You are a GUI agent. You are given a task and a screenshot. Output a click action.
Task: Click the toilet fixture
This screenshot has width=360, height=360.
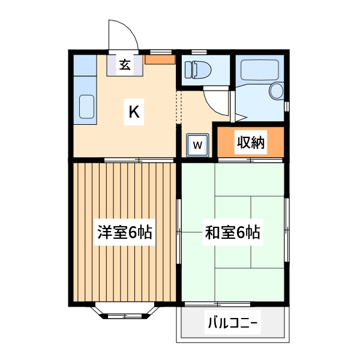coord(198,70)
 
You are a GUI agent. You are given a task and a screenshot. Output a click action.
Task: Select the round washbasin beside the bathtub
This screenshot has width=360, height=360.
coord(276,91)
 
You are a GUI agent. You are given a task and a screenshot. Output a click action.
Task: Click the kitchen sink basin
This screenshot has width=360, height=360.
coord(86,107)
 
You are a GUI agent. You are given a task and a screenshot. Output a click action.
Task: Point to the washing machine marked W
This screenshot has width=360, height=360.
coord(197,145)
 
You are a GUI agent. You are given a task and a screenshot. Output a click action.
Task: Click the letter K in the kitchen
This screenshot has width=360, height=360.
coord(134,112)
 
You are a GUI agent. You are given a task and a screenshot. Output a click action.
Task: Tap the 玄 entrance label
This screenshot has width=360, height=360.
coord(125,65)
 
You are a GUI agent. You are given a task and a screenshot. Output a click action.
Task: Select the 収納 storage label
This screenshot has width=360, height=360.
coord(251,142)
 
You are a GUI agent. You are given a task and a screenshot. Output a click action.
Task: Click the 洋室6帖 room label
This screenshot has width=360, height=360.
coord(125,232)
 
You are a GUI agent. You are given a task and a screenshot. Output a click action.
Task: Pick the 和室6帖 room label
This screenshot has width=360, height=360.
coord(233,232)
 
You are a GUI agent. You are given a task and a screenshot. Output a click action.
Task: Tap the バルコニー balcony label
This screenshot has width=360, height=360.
coord(233,323)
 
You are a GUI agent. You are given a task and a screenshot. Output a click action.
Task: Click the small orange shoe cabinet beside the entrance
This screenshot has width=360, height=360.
coord(160,59)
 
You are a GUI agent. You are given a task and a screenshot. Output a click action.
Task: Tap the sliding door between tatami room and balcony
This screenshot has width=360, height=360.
coord(217,304)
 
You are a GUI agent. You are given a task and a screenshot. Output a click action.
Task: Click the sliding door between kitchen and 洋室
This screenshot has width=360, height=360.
coord(139,160)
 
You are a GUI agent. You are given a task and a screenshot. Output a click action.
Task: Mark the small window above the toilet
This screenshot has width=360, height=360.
coord(199,52)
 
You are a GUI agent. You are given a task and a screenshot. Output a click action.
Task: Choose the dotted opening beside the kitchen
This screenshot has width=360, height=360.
coord(179,107)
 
